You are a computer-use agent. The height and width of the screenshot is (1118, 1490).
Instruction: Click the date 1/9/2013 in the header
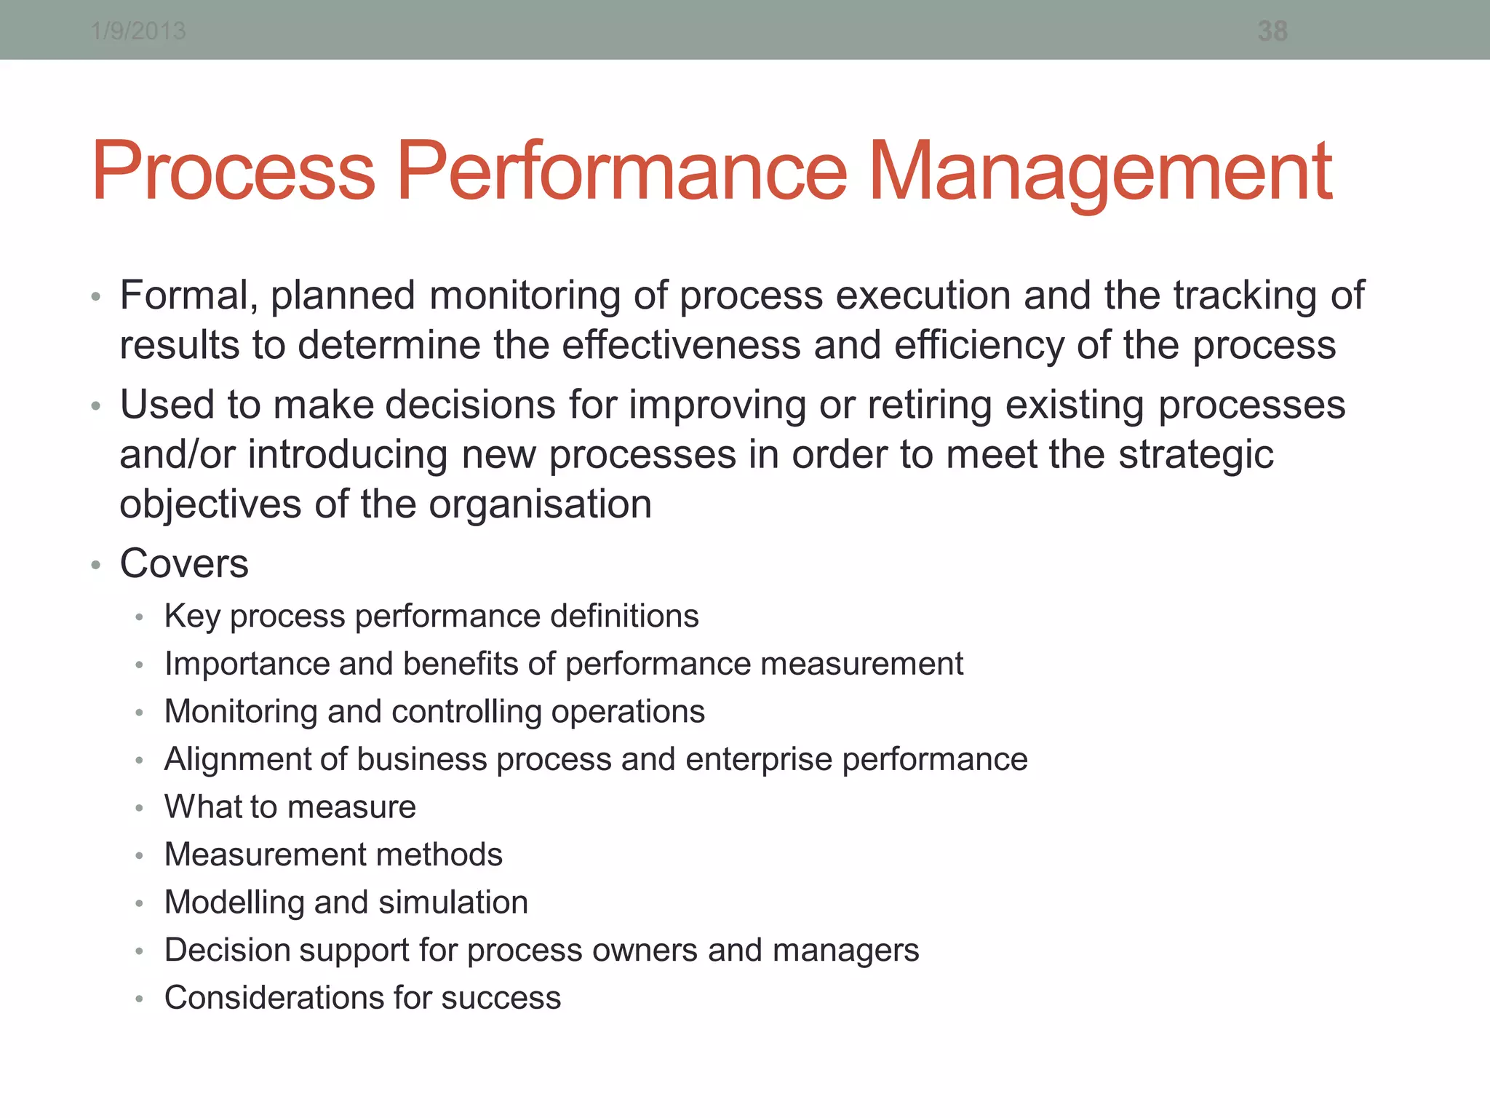[x=138, y=31]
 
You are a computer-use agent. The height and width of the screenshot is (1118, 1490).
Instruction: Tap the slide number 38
[x=1272, y=31]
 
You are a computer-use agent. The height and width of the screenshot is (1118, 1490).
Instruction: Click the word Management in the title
[x=1100, y=172]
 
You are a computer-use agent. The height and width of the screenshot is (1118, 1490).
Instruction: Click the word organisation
[x=540, y=504]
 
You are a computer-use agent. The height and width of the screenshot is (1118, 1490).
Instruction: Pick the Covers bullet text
[x=184, y=563]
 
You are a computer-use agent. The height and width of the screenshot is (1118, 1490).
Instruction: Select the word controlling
[x=466, y=712]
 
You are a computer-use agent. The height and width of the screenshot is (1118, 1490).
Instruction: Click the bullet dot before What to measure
[x=139, y=808]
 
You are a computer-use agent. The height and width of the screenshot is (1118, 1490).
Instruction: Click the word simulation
[x=453, y=903]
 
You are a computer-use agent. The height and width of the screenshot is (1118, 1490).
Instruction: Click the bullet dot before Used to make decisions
[x=95, y=406]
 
